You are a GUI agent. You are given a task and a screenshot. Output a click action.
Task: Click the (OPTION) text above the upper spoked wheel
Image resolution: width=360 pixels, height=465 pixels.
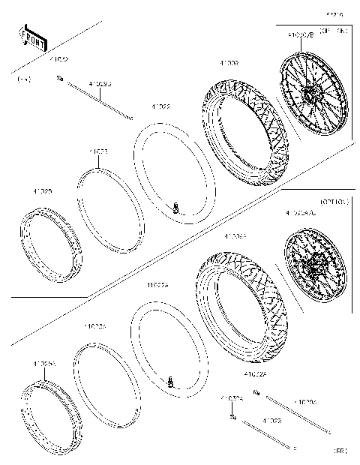[333, 31]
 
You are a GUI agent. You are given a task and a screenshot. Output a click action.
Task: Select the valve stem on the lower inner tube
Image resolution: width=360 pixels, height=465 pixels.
[171, 381]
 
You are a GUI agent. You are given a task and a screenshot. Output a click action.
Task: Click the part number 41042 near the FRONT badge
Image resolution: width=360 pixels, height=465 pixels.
[59, 58]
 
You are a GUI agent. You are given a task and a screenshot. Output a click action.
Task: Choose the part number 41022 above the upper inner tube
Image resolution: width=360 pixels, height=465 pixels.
[160, 106]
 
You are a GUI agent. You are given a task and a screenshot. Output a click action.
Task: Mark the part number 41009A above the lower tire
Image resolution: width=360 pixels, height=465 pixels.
[235, 235]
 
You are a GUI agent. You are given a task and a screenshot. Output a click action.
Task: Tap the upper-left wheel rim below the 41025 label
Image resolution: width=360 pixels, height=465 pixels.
[50, 244]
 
